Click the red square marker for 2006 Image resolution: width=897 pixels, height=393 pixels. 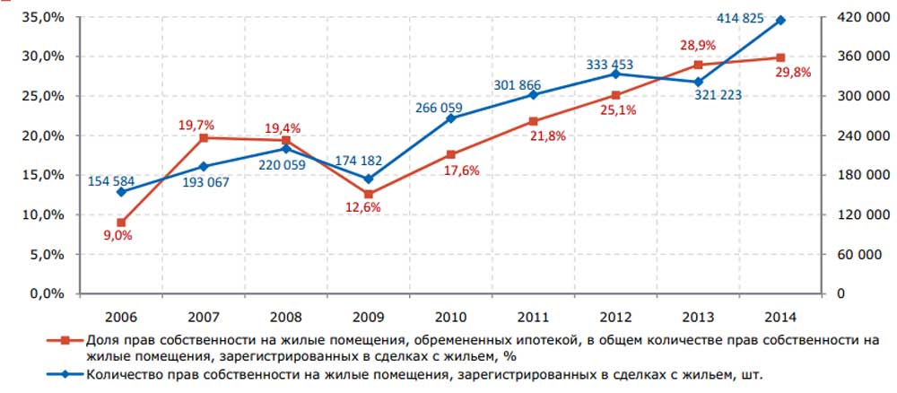(x=121, y=223)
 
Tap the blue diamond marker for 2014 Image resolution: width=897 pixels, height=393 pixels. (x=780, y=20)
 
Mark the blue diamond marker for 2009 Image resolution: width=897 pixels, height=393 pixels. (x=369, y=179)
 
